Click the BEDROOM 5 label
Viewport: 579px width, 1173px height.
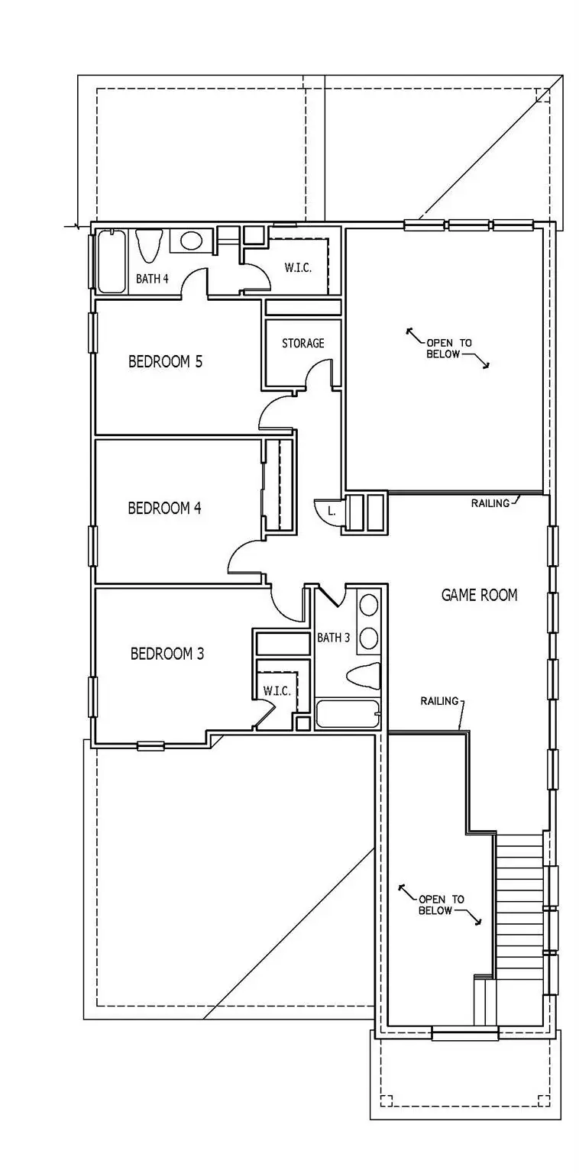tap(165, 361)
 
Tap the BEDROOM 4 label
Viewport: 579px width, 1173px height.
tap(164, 508)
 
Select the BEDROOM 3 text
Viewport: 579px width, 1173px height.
tap(167, 654)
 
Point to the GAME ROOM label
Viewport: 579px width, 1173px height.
tap(479, 595)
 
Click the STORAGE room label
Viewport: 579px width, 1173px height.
tap(302, 344)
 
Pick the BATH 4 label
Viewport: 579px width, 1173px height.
tap(152, 279)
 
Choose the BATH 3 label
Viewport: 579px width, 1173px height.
tap(333, 638)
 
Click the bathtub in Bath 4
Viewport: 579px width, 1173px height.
tap(112, 262)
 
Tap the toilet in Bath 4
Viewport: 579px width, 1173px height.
tap(148, 246)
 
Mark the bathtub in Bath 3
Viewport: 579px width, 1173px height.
tap(348, 715)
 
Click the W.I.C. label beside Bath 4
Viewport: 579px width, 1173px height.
tap(297, 268)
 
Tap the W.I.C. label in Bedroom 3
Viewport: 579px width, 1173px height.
tap(277, 691)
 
